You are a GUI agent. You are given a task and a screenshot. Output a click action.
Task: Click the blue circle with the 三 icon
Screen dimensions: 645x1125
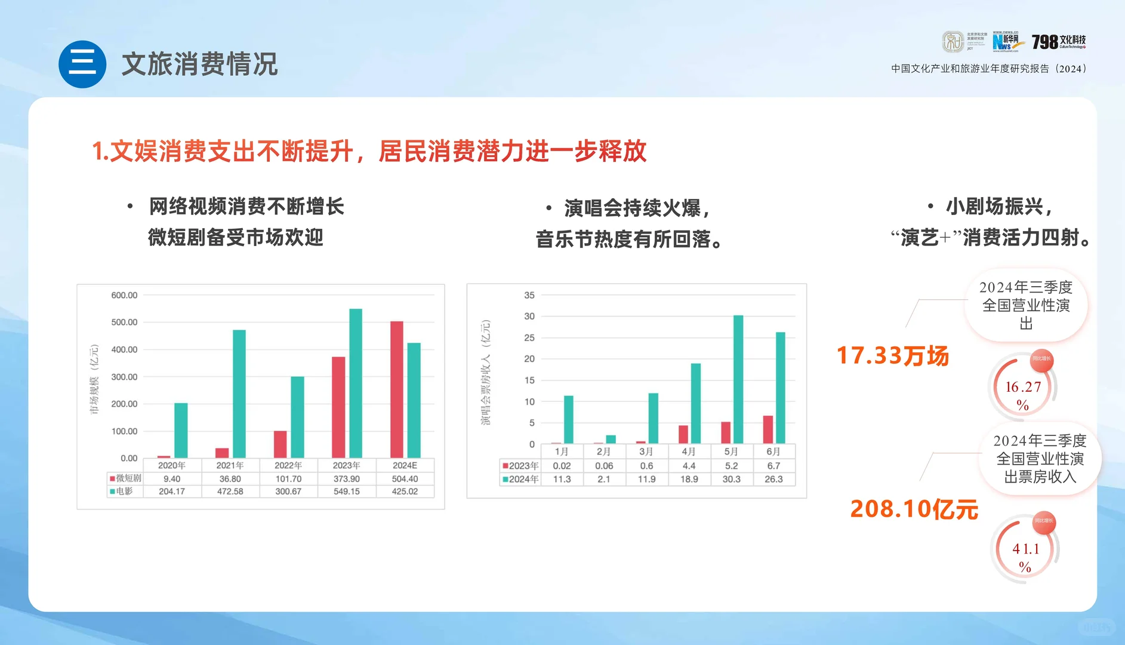click(x=82, y=64)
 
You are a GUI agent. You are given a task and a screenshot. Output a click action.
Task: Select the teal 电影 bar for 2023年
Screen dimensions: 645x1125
click(x=356, y=383)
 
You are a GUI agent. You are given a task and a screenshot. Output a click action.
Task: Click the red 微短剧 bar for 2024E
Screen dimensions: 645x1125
click(x=396, y=389)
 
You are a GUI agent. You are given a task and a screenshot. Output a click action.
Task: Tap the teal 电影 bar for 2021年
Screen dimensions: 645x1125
click(x=239, y=394)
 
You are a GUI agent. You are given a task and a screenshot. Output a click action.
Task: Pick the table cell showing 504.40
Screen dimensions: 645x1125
click(x=405, y=479)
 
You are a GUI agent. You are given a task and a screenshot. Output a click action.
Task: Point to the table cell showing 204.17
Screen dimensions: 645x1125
click(x=172, y=492)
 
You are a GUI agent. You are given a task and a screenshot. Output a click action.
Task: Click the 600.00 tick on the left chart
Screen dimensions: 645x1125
click(x=124, y=295)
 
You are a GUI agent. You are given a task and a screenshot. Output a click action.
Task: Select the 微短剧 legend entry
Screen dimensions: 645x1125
click(x=125, y=478)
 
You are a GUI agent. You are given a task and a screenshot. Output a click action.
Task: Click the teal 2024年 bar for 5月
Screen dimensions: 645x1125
click(x=738, y=379)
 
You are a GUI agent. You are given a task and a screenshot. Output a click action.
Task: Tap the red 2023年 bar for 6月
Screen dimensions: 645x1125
click(x=768, y=429)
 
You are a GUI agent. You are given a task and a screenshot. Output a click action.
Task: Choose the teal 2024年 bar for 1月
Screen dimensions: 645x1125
click(x=568, y=419)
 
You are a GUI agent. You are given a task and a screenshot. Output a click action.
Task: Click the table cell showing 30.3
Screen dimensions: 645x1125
click(x=731, y=479)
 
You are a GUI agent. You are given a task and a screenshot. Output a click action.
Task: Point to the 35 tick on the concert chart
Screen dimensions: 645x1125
click(x=529, y=295)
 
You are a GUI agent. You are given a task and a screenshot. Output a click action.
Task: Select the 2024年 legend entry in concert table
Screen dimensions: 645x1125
click(x=520, y=479)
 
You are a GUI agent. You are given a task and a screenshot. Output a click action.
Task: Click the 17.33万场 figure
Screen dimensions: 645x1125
click(x=892, y=356)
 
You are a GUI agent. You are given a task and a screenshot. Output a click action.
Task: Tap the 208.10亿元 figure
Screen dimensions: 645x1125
click(x=914, y=509)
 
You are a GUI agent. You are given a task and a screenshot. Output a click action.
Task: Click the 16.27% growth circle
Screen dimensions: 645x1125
click(x=1023, y=389)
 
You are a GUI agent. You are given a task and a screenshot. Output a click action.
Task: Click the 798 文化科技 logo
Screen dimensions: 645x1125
click(x=1059, y=41)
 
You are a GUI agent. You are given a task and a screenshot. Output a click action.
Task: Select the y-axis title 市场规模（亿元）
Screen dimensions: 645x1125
click(x=94, y=379)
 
